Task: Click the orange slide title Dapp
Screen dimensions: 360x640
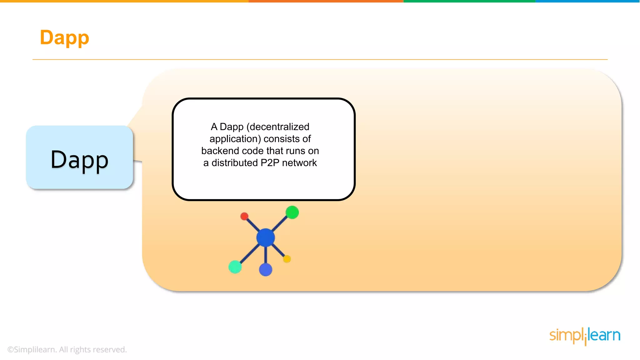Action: click(x=64, y=37)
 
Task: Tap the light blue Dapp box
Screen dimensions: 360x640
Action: click(x=79, y=157)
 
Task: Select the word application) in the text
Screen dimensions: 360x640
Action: click(x=235, y=139)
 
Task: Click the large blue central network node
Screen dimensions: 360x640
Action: click(x=265, y=237)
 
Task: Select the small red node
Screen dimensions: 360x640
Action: click(x=244, y=216)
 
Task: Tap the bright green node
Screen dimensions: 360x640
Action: click(x=292, y=212)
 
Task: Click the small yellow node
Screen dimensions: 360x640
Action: click(x=287, y=259)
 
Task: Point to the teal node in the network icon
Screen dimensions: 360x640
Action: click(x=235, y=267)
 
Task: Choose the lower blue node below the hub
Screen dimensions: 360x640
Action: click(x=266, y=270)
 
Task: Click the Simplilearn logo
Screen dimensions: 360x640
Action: click(x=585, y=336)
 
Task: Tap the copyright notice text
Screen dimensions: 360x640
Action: click(x=67, y=349)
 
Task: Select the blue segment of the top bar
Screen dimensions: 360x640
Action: click(x=587, y=1)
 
